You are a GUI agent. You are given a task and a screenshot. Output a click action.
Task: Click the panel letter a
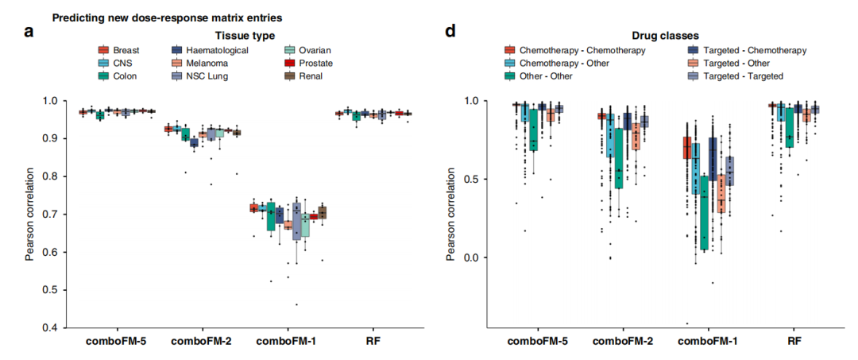[x=29, y=31]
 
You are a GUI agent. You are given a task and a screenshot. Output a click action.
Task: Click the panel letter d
[x=450, y=30]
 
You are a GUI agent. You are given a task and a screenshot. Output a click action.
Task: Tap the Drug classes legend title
[x=655, y=36]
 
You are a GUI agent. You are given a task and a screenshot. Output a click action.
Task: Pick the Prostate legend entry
[x=310, y=64]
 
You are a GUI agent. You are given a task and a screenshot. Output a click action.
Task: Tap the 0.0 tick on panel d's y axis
[x=470, y=257]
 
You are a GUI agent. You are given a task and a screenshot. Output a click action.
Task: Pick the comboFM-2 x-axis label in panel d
[x=622, y=343]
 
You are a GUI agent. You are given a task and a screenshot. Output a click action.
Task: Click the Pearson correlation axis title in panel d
[x=452, y=213]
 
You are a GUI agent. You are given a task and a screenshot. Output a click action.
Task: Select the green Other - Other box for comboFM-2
[x=619, y=159]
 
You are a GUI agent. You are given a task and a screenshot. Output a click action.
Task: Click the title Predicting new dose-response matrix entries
[x=167, y=17]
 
